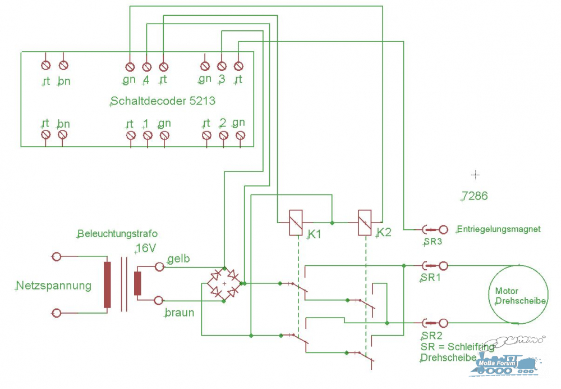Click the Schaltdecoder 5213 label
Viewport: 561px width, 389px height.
pyautogui.click(x=163, y=101)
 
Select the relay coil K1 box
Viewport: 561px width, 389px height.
pyautogui.click(x=296, y=223)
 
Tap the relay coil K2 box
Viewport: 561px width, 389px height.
pyautogui.click(x=365, y=223)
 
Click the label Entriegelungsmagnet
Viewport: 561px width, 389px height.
pyautogui.click(x=499, y=229)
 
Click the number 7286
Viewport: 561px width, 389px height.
pyautogui.click(x=475, y=196)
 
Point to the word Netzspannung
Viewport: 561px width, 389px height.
pyautogui.click(x=54, y=286)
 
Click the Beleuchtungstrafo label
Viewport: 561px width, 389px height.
pyautogui.click(x=117, y=234)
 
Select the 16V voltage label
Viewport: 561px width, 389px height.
pyautogui.click(x=146, y=248)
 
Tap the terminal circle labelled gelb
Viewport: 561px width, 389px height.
pyautogui.click(x=159, y=267)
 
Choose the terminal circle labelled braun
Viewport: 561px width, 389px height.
pyautogui.click(x=159, y=300)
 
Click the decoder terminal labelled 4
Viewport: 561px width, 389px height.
pyautogui.click(x=146, y=67)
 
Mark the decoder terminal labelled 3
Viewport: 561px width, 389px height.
pyautogui.click(x=222, y=66)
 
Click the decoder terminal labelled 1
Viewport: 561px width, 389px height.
pyautogui.click(x=148, y=135)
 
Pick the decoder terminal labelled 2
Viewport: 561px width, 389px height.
pyautogui.click(x=223, y=135)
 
